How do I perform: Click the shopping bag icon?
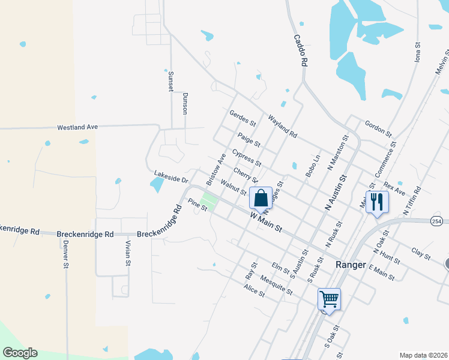point(261,197)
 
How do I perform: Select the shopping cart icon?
point(329,298)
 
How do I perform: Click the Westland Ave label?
point(77,127)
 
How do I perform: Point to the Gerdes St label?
point(243,118)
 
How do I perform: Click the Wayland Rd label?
point(282,126)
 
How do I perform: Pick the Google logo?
point(20,352)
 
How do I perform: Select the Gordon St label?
point(378,127)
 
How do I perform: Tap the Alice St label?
point(254,290)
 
